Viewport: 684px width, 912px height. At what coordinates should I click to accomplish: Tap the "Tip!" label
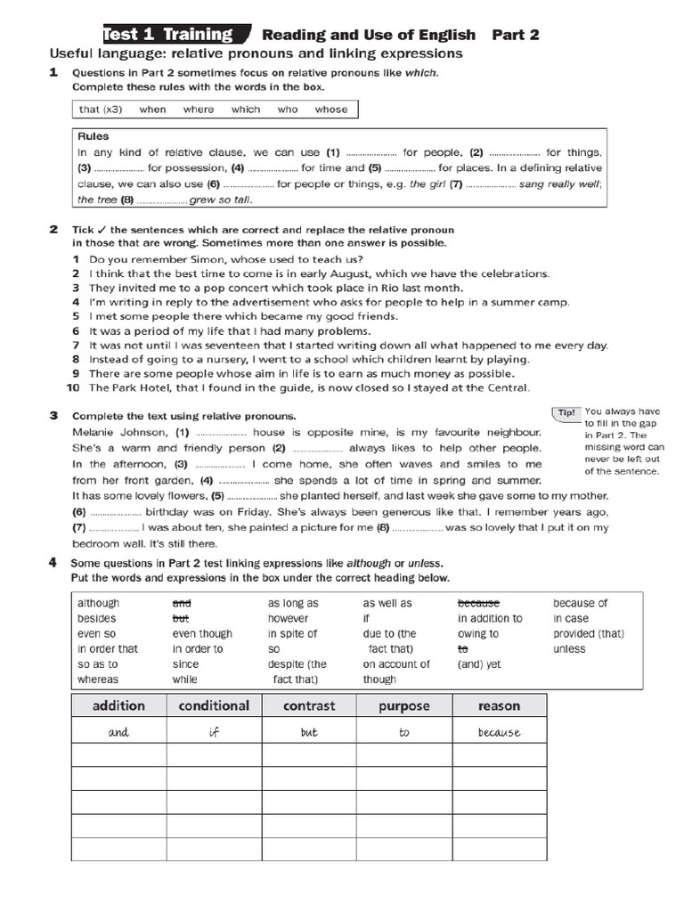pyautogui.click(x=566, y=412)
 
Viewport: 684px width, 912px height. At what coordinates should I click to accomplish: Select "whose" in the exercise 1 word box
pyautogui.click(x=330, y=110)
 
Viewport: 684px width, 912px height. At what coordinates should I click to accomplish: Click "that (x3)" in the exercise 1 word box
pyautogui.click(x=100, y=110)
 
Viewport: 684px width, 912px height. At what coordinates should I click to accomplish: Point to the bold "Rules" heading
pyautogui.click(x=93, y=137)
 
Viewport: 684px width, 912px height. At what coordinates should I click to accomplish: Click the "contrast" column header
pyautogui.click(x=309, y=705)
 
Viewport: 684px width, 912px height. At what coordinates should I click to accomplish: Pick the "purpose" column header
pyautogui.click(x=403, y=705)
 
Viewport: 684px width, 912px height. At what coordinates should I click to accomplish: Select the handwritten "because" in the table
pyautogui.click(x=499, y=733)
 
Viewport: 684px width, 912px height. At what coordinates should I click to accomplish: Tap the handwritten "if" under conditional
pyautogui.click(x=214, y=733)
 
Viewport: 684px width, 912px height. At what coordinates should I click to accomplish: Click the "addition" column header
pyautogui.click(x=118, y=705)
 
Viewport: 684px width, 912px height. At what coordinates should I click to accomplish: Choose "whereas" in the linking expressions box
pyautogui.click(x=97, y=679)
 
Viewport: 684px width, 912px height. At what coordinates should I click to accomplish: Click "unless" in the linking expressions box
pyautogui.click(x=569, y=648)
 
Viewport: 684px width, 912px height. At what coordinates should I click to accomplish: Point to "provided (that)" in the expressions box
pyautogui.click(x=588, y=633)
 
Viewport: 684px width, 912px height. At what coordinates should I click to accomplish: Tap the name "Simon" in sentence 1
pyautogui.click(x=216, y=259)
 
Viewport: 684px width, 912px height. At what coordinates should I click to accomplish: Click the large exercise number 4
pyautogui.click(x=53, y=563)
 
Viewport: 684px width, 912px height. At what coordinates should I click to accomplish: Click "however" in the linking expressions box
pyautogui.click(x=288, y=618)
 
